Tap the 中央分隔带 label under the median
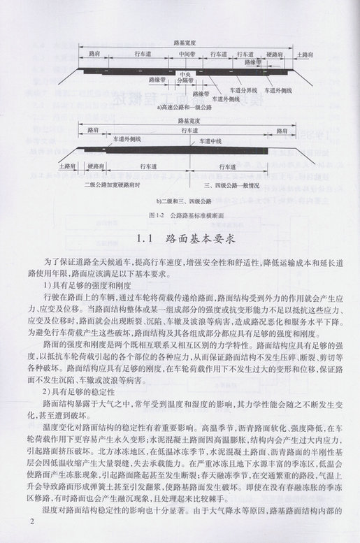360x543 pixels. (185, 77)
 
